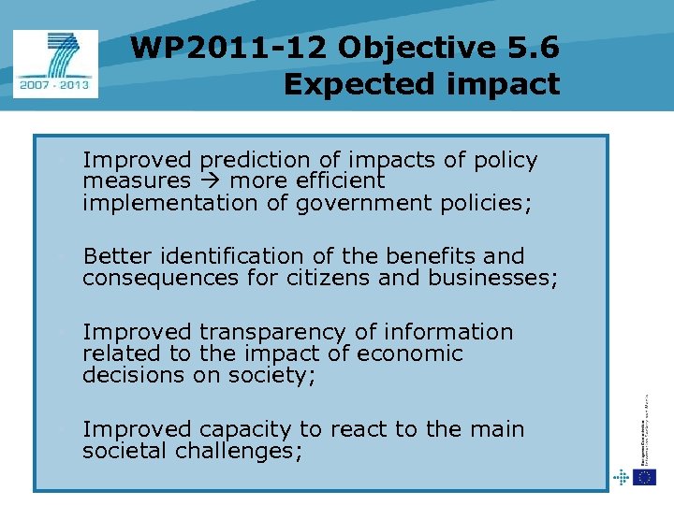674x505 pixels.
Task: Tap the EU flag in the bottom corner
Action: [x=644, y=477]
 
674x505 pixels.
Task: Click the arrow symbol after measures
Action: [x=209, y=180]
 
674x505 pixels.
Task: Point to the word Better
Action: [x=118, y=255]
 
